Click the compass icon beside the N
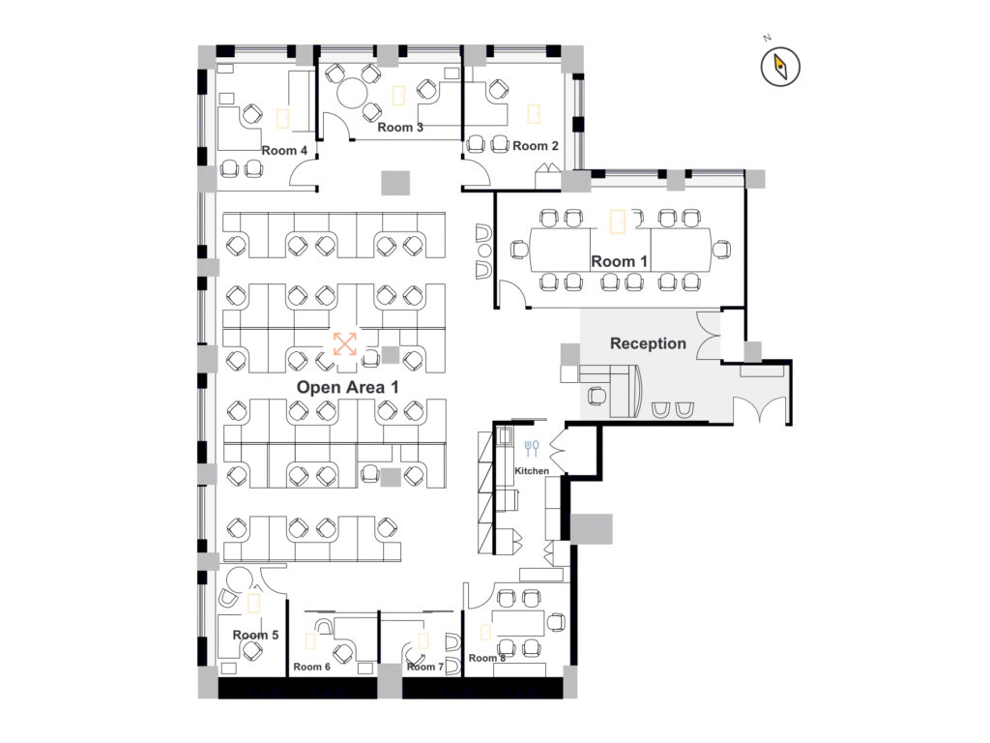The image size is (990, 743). [x=780, y=67]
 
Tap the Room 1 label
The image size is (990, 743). [x=619, y=261]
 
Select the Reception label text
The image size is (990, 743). [x=648, y=343]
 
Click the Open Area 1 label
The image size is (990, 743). [x=347, y=387]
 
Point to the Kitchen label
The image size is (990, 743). [x=532, y=471]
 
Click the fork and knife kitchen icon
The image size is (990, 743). [x=532, y=448]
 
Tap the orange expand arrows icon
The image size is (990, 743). [x=345, y=343]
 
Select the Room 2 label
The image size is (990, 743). [x=536, y=146]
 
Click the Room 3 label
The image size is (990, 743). [x=400, y=127]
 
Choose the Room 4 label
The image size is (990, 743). [x=284, y=150]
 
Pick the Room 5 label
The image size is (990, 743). [x=255, y=635]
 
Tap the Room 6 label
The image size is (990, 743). [x=312, y=667]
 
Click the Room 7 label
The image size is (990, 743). [x=425, y=667]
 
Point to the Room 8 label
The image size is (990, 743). [x=487, y=658]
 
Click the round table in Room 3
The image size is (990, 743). [x=352, y=94]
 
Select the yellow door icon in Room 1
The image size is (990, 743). [x=617, y=222]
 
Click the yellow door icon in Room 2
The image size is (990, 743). [x=534, y=114]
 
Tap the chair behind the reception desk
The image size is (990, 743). [x=597, y=396]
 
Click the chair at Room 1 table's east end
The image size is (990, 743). [x=721, y=249]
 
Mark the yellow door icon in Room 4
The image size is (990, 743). [x=283, y=118]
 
